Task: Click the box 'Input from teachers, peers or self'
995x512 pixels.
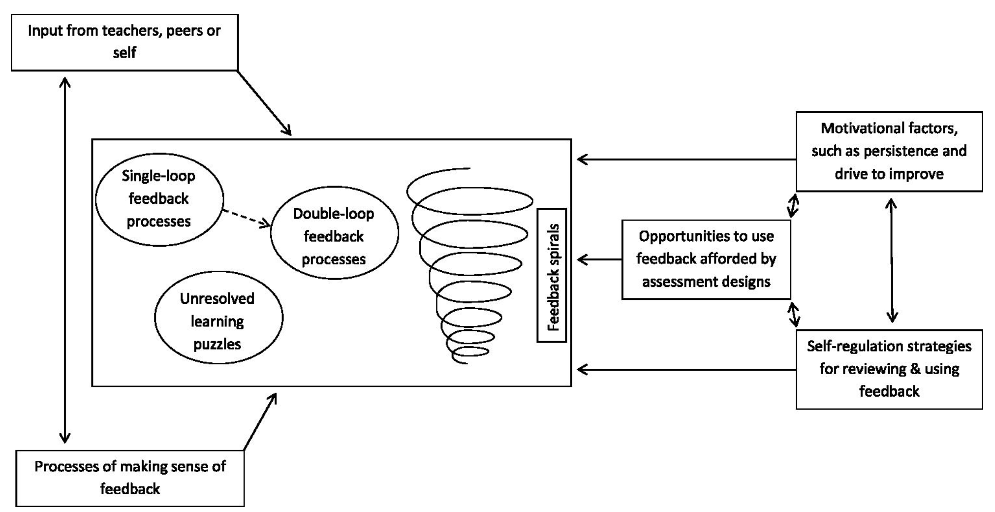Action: click(124, 42)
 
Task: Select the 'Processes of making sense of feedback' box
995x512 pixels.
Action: click(130, 478)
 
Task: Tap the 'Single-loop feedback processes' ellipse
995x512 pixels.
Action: click(158, 198)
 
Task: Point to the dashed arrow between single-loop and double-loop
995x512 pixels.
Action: click(246, 218)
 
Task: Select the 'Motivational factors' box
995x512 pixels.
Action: click(889, 151)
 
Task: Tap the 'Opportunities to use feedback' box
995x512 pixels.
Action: click(706, 259)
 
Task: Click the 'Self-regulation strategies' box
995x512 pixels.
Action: click(889, 369)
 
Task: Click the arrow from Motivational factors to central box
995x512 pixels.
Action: click(686, 160)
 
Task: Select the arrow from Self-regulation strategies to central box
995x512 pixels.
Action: click(686, 369)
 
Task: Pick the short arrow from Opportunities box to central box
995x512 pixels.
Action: click(599, 259)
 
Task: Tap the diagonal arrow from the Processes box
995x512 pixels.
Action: click(260, 422)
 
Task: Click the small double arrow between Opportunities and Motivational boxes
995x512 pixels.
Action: click(793, 206)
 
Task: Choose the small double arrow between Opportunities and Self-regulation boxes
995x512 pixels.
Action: click(793, 315)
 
